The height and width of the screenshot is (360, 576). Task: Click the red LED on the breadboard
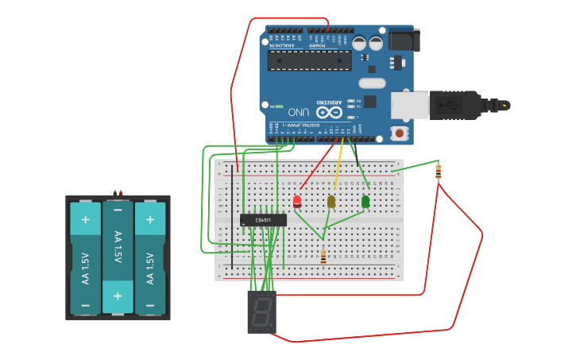[x=297, y=201]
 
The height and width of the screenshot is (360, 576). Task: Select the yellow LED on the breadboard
[x=331, y=202]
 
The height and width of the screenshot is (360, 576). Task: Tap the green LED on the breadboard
[x=365, y=202]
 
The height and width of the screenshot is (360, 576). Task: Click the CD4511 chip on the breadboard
[x=263, y=219]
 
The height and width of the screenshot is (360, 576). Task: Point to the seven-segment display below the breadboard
[x=261, y=311]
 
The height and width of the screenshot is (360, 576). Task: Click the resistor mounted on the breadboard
[x=323, y=256]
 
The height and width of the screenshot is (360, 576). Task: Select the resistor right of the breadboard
[x=439, y=172]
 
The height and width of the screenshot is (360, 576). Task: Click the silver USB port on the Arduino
[x=409, y=104]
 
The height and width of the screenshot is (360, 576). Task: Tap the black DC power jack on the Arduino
[x=403, y=40]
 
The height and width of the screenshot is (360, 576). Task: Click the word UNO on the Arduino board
[x=299, y=112]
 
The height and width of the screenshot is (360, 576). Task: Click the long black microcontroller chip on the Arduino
[x=309, y=61]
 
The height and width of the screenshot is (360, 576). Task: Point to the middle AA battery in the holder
[x=118, y=257]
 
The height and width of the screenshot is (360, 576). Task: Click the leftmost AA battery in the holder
[x=85, y=257]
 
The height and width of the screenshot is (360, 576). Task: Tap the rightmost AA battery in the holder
[x=149, y=257]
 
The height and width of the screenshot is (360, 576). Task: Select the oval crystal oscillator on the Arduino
[x=372, y=83]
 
